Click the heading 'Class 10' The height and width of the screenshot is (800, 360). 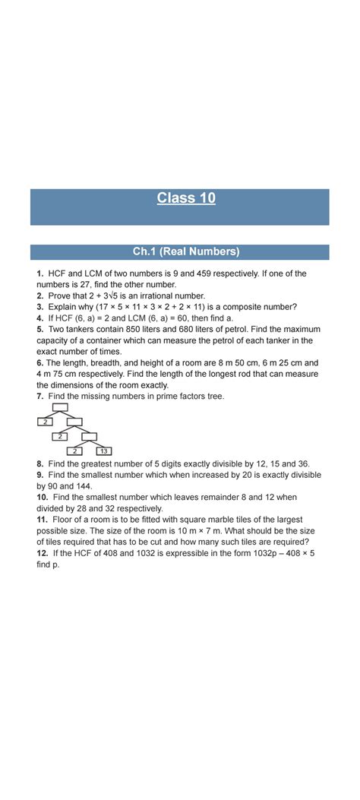point(186,198)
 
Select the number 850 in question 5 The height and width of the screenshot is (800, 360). point(147,329)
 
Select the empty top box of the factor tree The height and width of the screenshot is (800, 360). point(60,406)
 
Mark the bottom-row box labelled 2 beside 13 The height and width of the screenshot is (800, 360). point(75,451)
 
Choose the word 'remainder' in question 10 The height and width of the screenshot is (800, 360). point(228,496)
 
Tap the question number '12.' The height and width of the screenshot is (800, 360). point(41,552)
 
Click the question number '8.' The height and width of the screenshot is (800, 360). point(39,463)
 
